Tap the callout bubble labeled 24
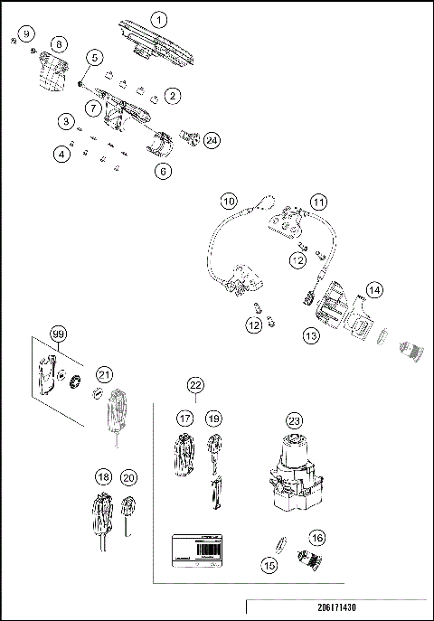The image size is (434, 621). [212, 140]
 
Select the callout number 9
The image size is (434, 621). [26, 33]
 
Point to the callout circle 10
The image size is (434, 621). [229, 199]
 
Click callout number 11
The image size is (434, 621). [317, 201]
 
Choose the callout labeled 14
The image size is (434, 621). [373, 290]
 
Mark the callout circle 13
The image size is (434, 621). [312, 334]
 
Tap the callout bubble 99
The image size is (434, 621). [59, 334]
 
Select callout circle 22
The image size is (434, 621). [195, 385]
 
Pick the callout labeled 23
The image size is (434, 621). [293, 419]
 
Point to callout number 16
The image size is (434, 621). [316, 538]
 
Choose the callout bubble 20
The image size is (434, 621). [129, 477]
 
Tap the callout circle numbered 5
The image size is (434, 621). [95, 57]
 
